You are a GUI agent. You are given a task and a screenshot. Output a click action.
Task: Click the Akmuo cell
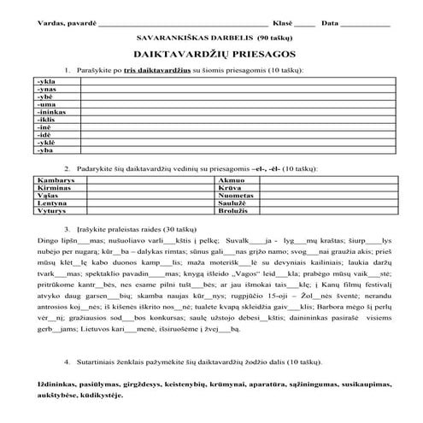coord(232,181)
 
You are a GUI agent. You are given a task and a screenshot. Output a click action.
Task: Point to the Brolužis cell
coord(235,209)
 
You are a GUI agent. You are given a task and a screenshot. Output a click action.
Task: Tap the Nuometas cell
coord(237,195)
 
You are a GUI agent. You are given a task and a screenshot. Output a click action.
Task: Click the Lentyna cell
coord(51,203)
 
